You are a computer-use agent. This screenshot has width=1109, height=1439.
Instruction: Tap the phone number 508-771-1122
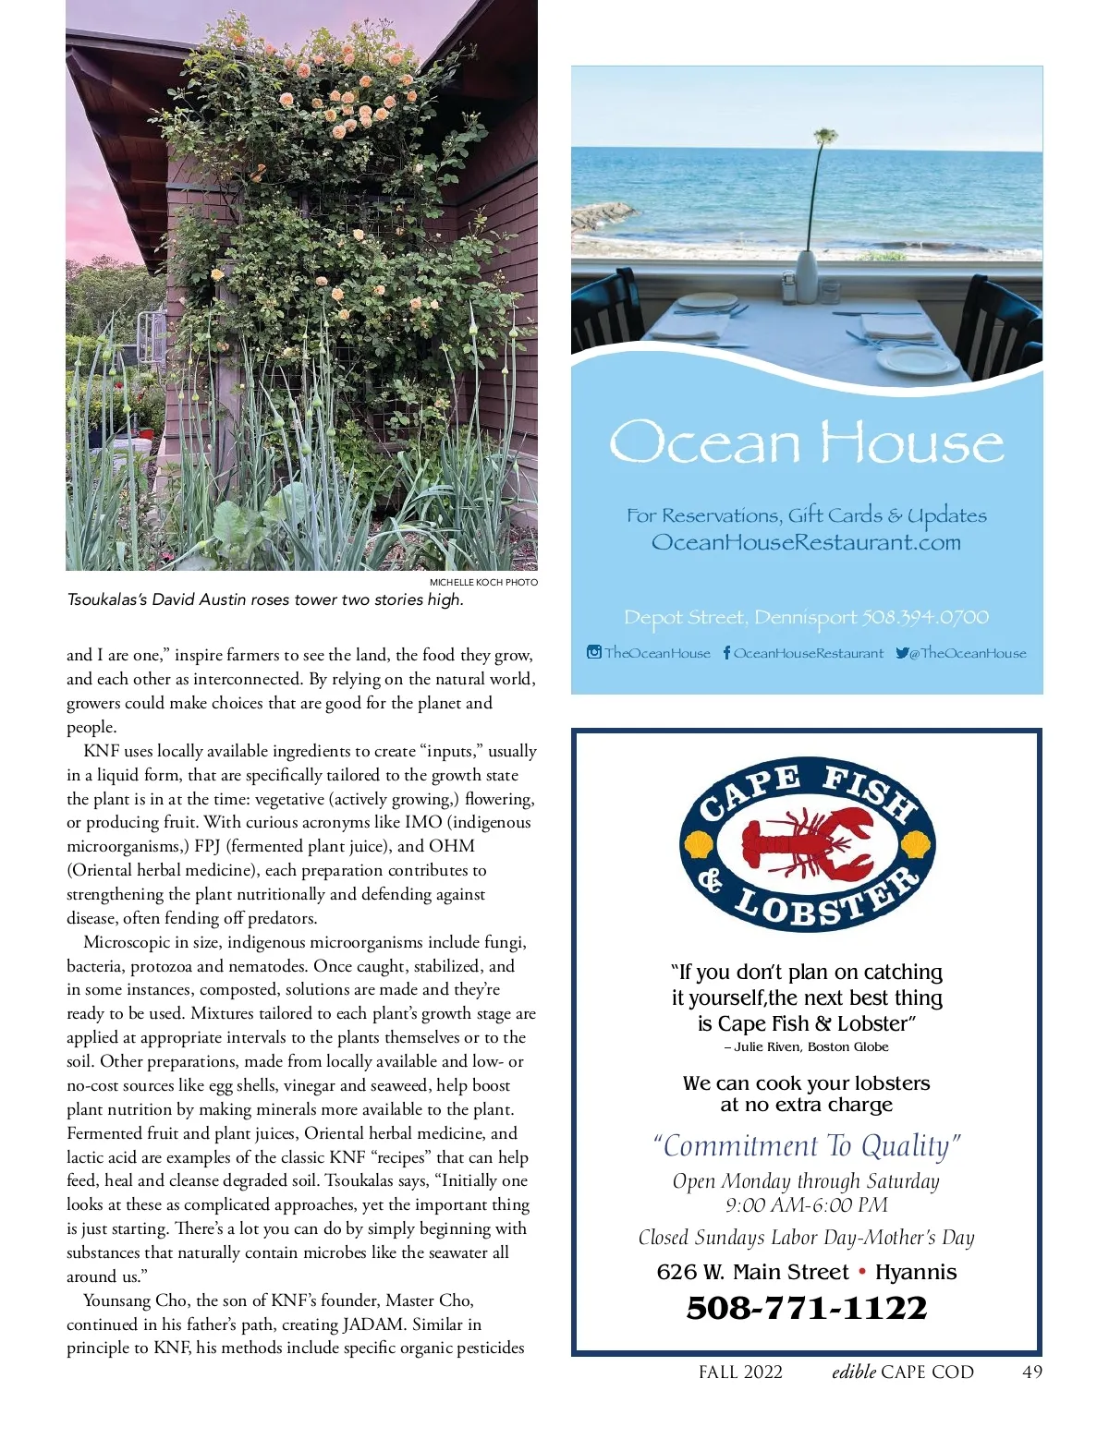[806, 1308]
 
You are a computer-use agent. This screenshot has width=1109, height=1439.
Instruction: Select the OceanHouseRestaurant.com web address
[806, 542]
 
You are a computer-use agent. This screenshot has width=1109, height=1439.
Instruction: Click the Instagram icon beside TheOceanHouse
[594, 652]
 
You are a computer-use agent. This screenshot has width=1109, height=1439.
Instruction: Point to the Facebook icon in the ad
[726, 653]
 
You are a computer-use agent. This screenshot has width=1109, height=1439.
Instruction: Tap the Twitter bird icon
[902, 653]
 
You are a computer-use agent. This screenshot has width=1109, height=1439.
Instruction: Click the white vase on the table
[807, 275]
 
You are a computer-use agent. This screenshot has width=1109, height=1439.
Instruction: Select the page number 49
[1032, 1372]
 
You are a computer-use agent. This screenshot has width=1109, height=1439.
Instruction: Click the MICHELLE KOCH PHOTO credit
[483, 582]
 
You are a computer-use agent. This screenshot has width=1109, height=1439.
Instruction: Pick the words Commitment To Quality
[807, 1145]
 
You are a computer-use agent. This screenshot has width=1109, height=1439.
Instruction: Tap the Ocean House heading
[806, 442]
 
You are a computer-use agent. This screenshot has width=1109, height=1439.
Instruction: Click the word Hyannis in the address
[916, 1272]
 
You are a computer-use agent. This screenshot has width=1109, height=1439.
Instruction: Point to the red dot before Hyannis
[862, 1272]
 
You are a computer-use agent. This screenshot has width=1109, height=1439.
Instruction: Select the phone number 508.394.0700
[925, 617]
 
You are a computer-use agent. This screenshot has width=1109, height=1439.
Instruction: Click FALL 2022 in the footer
[740, 1372]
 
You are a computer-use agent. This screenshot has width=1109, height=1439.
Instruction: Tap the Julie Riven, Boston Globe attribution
[807, 1046]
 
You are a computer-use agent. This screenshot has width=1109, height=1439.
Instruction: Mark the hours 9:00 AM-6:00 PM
[806, 1205]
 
